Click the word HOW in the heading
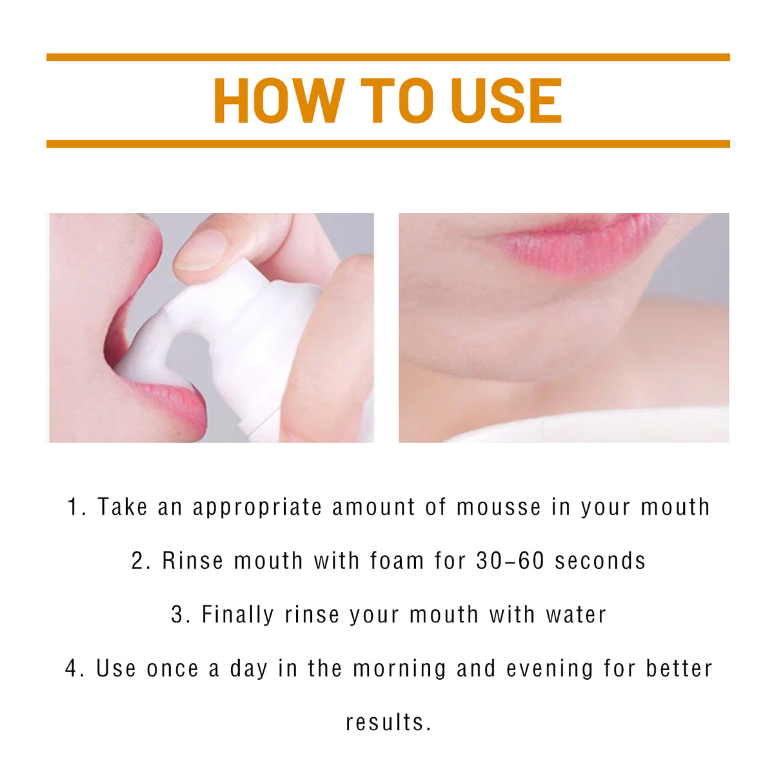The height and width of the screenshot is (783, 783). [x=278, y=101]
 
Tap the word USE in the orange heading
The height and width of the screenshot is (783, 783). [x=506, y=101]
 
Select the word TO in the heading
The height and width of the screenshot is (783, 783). [x=397, y=101]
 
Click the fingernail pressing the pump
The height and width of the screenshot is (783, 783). [x=201, y=250]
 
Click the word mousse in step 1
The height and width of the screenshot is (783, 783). [x=499, y=508]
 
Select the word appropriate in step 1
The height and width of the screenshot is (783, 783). [x=257, y=508]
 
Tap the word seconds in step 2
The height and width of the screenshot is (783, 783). [x=600, y=561]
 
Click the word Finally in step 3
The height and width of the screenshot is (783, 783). [x=238, y=615]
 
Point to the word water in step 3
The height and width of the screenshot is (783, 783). [x=576, y=615]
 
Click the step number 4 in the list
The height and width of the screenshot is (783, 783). [x=72, y=669]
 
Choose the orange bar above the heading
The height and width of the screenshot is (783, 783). [x=388, y=57]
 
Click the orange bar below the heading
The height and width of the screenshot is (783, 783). [x=388, y=144]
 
